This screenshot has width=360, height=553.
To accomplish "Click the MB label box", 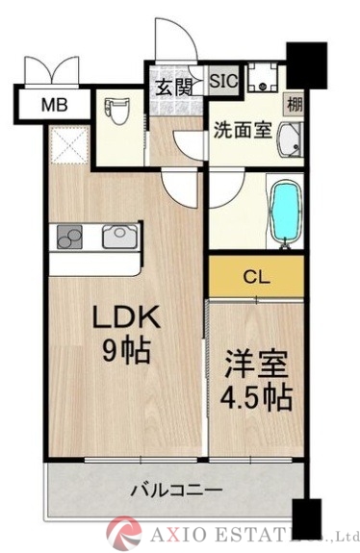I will coord(53,104).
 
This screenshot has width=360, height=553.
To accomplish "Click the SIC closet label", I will coord(223,81).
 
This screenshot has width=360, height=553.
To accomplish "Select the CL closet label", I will coord(256,279).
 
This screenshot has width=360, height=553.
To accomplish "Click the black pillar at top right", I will coord(307,63).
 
